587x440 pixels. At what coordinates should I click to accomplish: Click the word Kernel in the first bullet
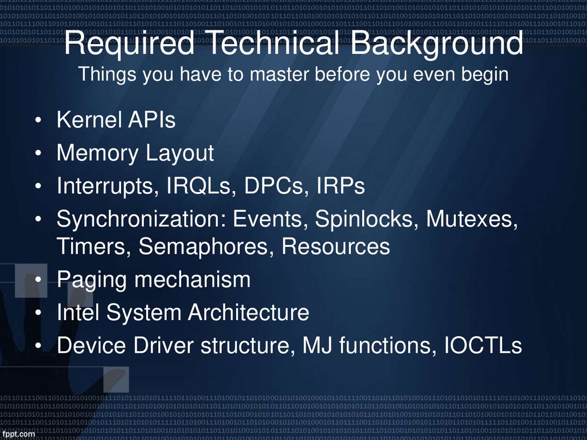click(88, 121)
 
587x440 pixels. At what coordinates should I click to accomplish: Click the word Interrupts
click(107, 187)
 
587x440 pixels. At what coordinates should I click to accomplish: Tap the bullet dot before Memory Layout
click(37, 154)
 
